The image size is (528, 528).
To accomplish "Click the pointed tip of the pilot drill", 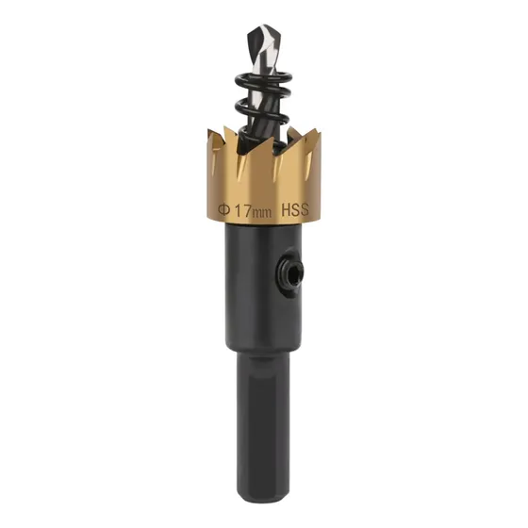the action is pyautogui.click(x=265, y=25).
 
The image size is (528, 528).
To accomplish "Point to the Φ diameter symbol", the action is pyautogui.click(x=224, y=209).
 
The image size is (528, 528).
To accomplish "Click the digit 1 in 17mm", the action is pyautogui.click(x=238, y=210).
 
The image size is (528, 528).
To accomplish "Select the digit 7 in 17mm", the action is pyautogui.click(x=247, y=211).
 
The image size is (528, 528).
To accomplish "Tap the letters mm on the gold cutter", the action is pyautogui.click(x=262, y=213).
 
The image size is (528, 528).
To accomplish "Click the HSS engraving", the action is pyautogui.click(x=294, y=210).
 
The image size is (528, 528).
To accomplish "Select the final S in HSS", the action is pyautogui.click(x=304, y=209).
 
